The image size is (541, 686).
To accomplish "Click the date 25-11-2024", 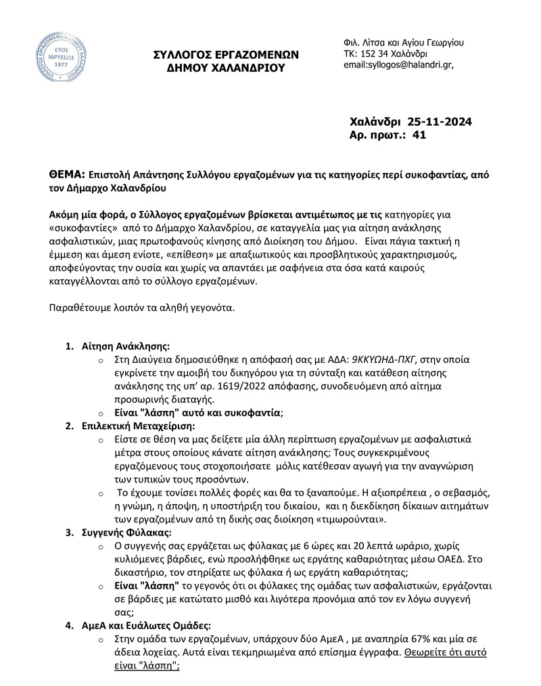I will (440, 122).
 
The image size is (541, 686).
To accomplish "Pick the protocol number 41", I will (419, 135).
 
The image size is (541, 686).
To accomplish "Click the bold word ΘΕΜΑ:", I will (67, 174).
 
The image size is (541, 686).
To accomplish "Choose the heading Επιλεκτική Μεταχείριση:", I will (138, 426).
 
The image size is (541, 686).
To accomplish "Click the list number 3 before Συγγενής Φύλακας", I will (69, 531).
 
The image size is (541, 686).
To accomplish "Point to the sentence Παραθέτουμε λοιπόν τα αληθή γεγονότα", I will (143, 308).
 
